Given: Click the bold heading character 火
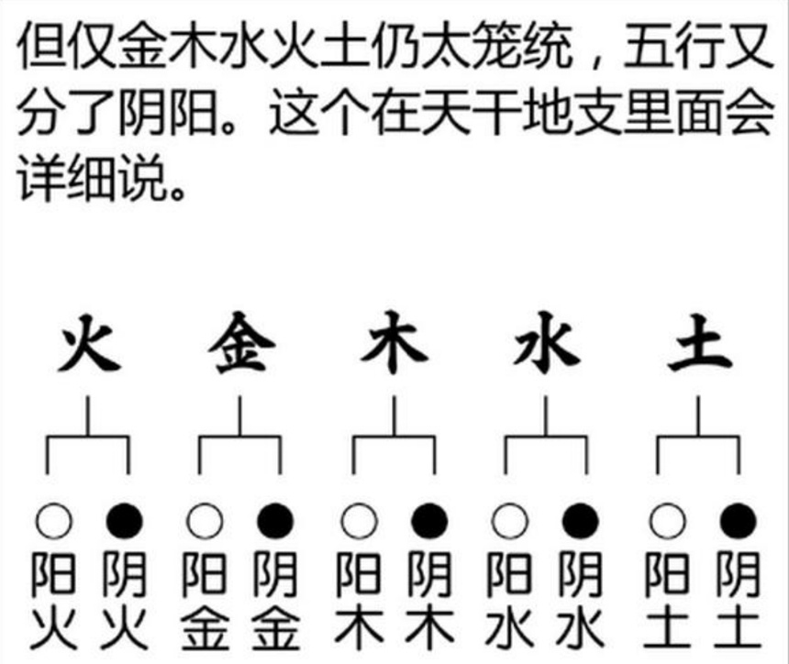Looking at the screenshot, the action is pos(90,343).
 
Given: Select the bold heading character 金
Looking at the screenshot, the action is pos(241,343).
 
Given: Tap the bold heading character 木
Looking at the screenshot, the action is pos(394,343).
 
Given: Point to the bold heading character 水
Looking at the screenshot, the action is pos(547,343).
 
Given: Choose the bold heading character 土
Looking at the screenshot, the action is pos(699,343).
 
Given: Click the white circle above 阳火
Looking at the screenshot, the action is pos(53,521).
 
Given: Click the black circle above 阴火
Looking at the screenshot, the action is pos(125,521).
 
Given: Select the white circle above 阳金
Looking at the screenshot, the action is pos(205,521).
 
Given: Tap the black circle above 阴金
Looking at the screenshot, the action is pos(275,521).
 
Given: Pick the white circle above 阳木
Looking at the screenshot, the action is pos(359,521).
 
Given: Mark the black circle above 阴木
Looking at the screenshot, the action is pos(429,521).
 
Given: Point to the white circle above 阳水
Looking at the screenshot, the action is pos(510,521).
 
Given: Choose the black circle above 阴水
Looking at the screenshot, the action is pos(581,521).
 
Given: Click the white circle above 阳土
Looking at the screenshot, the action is pos(667,521).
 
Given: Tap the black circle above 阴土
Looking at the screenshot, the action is pos(739,521).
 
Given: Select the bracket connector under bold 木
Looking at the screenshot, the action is pos(394,437).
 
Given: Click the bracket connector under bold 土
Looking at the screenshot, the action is pos(698,437).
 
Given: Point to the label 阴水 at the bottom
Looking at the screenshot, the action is pos(581,600).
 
